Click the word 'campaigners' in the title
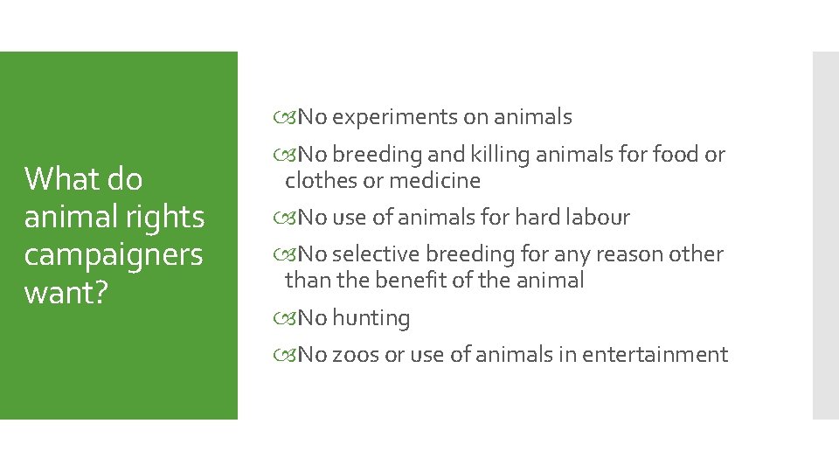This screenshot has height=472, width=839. click(113, 255)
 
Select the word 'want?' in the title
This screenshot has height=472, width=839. click(66, 293)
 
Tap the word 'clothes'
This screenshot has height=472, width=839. click(323, 181)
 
